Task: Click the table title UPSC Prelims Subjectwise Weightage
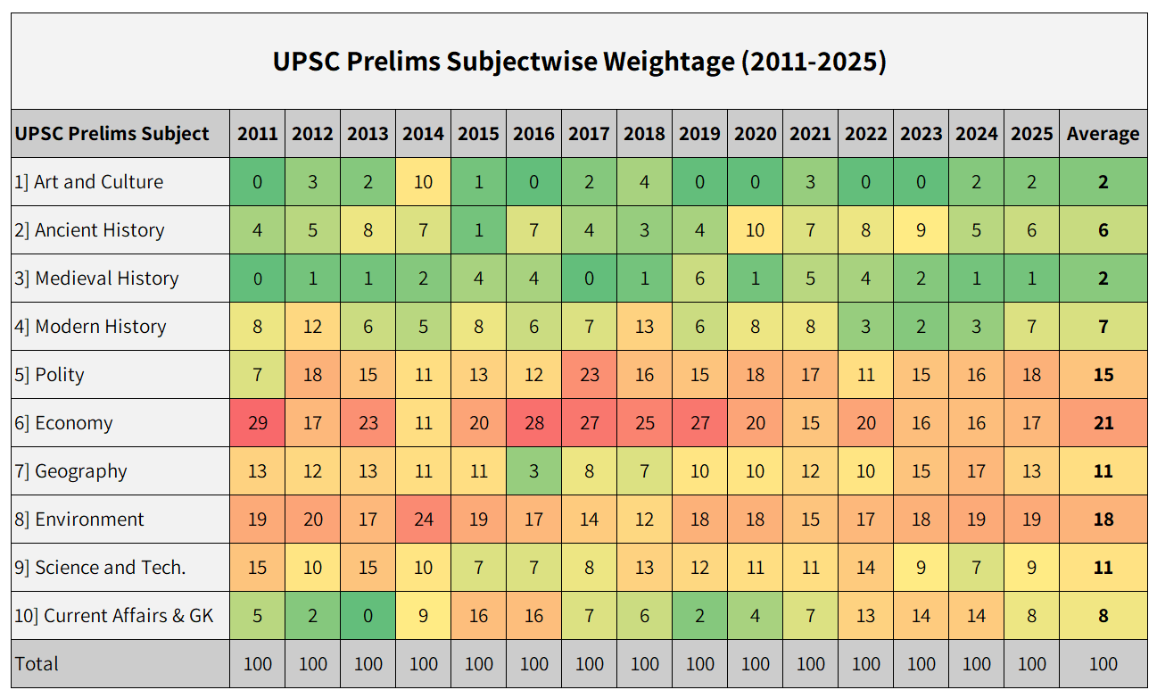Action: point(579,62)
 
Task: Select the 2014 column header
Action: point(423,134)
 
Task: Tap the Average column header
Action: point(1103,134)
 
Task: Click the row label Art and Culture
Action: point(99,182)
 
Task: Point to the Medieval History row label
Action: point(107,278)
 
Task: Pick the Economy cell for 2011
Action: point(257,423)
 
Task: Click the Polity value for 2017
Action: point(589,375)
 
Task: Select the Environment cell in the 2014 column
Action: point(423,520)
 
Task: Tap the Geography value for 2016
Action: point(533,471)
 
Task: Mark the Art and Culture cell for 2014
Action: point(423,182)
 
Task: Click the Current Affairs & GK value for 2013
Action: point(368,616)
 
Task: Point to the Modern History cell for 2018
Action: point(644,327)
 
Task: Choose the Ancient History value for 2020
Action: point(755,230)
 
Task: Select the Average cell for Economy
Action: point(1103,423)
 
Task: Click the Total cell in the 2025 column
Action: point(1031,664)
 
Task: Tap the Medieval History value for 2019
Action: point(699,278)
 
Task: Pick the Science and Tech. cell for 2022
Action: point(865,568)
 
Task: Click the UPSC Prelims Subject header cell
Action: point(112,134)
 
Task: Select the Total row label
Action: point(37,664)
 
